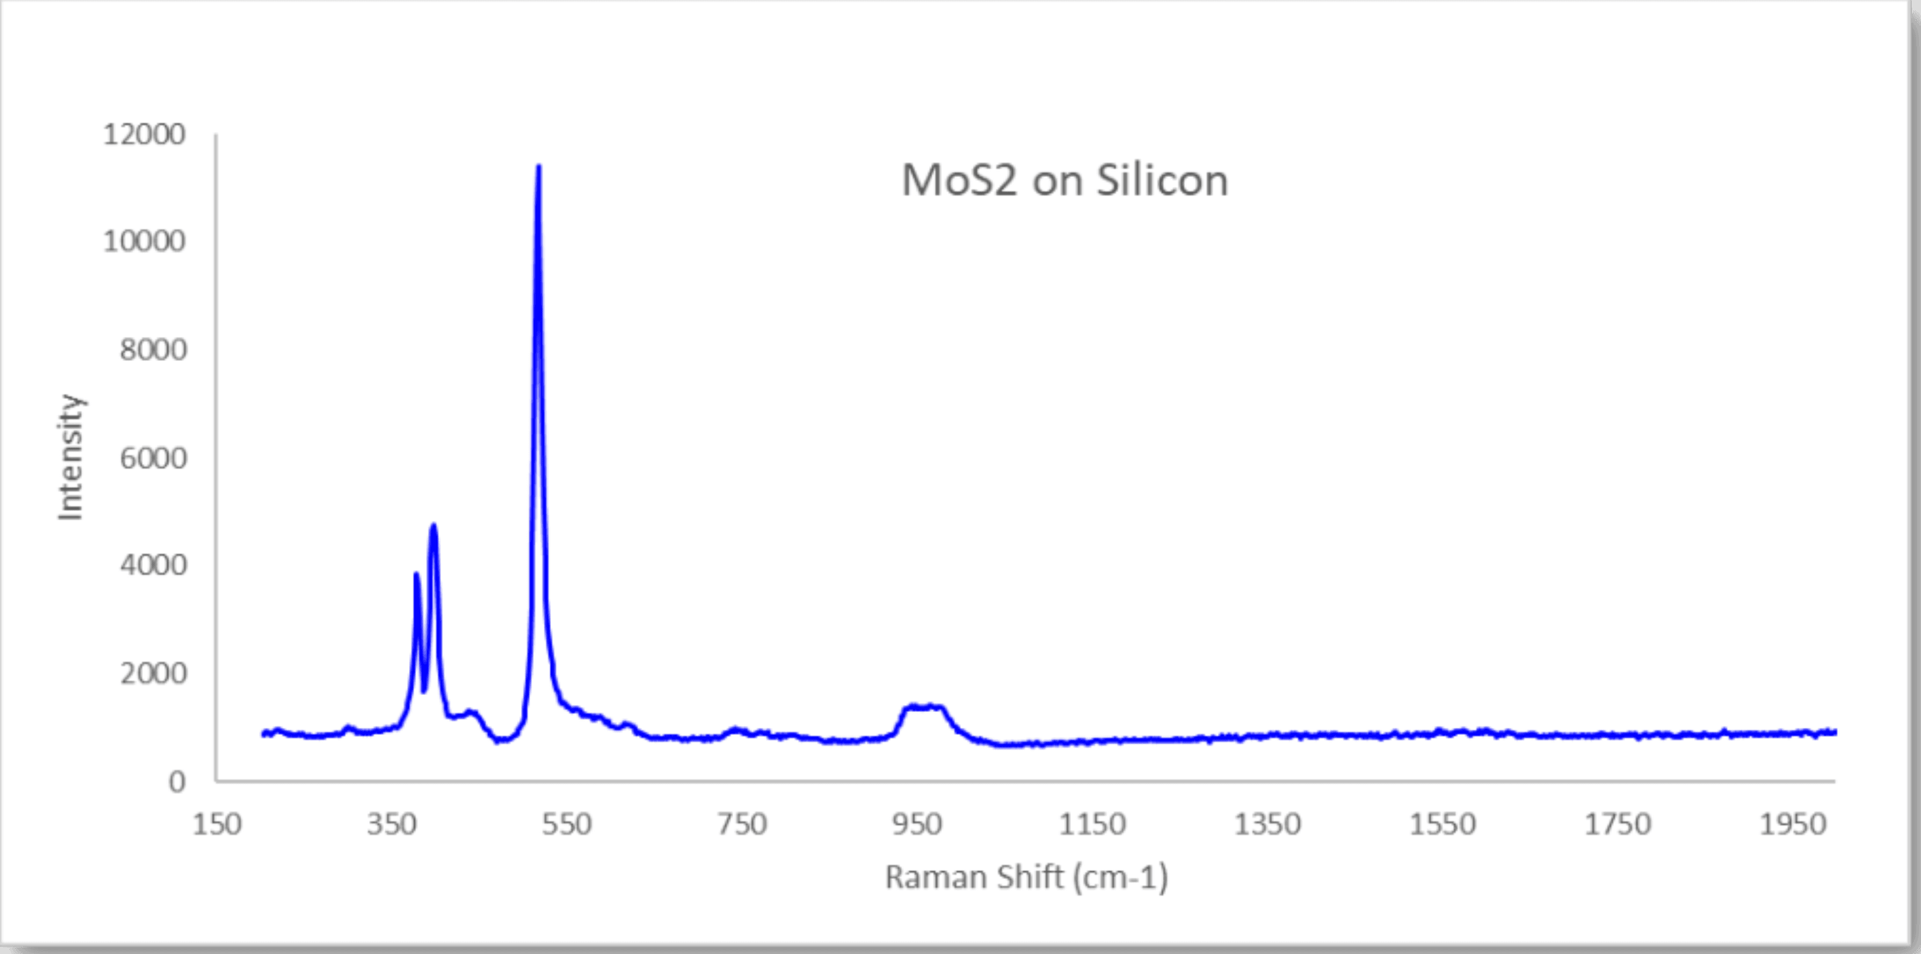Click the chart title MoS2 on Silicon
pyautogui.click(x=1064, y=181)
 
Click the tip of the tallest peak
pyautogui.click(x=539, y=167)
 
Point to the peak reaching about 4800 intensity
pyautogui.click(x=433, y=527)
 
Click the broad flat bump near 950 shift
pyautogui.click(x=923, y=707)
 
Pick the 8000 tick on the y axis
pyautogui.click(x=153, y=350)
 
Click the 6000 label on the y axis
pyautogui.click(x=153, y=458)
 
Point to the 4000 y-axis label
pyautogui.click(x=153, y=565)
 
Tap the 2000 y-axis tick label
pyautogui.click(x=153, y=673)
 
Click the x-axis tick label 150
pyautogui.click(x=217, y=824)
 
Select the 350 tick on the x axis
pyautogui.click(x=391, y=824)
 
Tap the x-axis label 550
pyautogui.click(x=567, y=824)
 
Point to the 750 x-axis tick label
pyautogui.click(x=742, y=824)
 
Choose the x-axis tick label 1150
pyautogui.click(x=1092, y=824)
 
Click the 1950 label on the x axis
pyautogui.click(x=1792, y=824)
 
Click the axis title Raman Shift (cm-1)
pyautogui.click(x=1026, y=877)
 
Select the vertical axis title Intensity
pyautogui.click(x=71, y=457)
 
